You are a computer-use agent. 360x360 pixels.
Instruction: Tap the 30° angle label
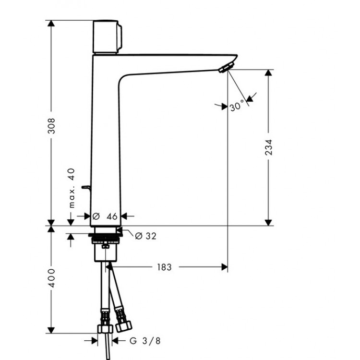point(237,106)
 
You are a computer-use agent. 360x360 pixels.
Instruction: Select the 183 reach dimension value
point(164,266)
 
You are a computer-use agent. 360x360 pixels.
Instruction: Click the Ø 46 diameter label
point(106,216)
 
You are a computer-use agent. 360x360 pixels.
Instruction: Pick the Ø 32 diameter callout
point(145,236)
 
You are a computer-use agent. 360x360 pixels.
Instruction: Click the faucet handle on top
point(108,37)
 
